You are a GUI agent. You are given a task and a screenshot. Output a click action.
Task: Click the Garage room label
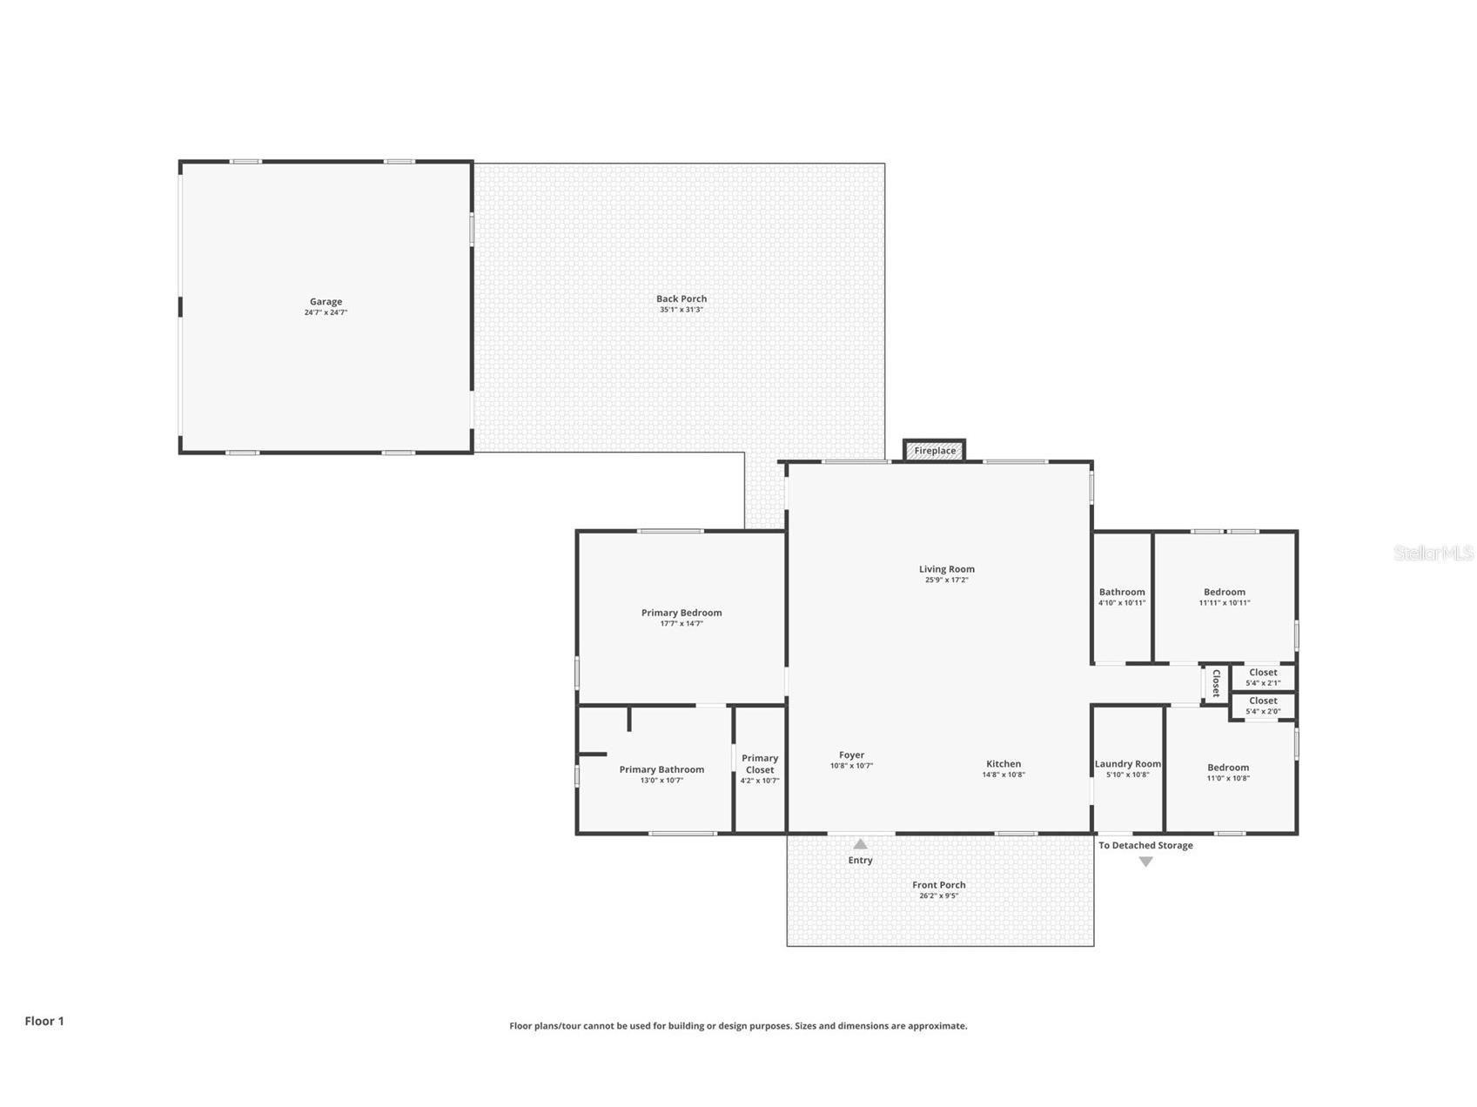tap(326, 302)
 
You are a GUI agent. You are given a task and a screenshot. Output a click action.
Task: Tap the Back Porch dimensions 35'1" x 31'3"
tap(681, 310)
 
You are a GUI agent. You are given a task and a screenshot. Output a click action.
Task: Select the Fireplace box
tap(934, 451)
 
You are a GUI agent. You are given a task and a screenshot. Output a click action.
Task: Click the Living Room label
tap(946, 569)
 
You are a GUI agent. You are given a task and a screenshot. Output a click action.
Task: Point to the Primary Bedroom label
tap(681, 613)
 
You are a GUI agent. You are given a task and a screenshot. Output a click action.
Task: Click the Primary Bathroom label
tap(661, 769)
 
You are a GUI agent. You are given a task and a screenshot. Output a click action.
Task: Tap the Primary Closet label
tap(759, 764)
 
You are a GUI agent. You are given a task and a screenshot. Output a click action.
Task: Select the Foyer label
tap(851, 755)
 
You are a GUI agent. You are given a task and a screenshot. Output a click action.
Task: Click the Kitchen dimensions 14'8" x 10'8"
tap(1003, 775)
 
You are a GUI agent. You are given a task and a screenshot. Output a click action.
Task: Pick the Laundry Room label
tap(1127, 764)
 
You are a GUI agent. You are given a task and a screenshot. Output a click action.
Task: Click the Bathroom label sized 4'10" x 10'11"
tap(1121, 592)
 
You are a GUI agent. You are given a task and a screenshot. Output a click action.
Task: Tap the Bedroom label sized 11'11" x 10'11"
tap(1224, 592)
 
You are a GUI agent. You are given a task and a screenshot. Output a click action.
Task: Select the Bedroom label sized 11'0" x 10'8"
tap(1227, 768)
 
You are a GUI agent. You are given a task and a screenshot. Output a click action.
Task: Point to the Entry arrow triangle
tap(860, 844)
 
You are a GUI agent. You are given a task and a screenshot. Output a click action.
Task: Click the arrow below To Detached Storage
tap(1145, 862)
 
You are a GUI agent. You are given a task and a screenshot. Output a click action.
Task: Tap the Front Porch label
tap(938, 885)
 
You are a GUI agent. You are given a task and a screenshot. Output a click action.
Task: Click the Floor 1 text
tap(44, 1021)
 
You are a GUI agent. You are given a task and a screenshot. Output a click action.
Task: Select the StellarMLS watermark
tap(1433, 553)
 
